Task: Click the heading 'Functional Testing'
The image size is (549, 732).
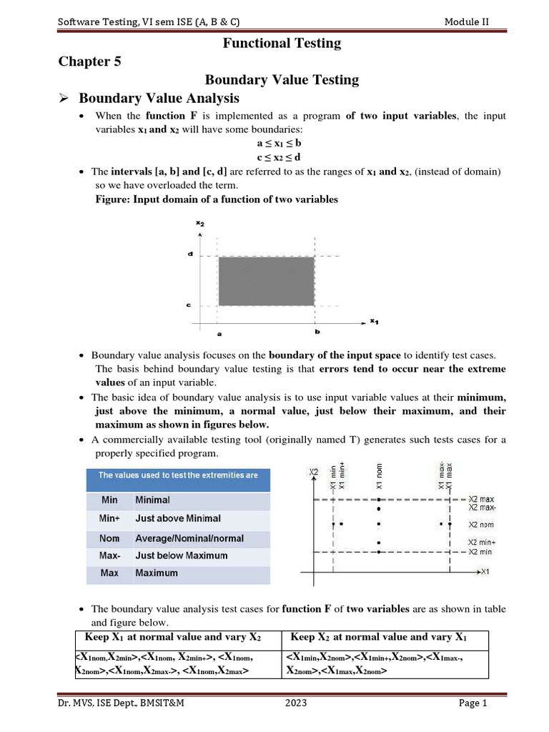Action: [x=282, y=44]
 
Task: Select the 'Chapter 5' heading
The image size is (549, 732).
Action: [x=89, y=61]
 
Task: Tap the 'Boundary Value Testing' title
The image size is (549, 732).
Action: [x=282, y=79]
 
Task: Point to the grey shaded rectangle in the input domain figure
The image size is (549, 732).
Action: [x=266, y=281]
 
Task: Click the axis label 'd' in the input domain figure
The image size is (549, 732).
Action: [x=191, y=254]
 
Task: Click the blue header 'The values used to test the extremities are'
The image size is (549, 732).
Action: [x=178, y=475]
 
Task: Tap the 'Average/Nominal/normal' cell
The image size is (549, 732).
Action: [x=189, y=538]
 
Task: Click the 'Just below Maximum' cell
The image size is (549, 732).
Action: [x=182, y=555]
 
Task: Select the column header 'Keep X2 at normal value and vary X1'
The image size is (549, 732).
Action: [x=379, y=637]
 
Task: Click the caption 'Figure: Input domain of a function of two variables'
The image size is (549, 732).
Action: [x=217, y=199]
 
